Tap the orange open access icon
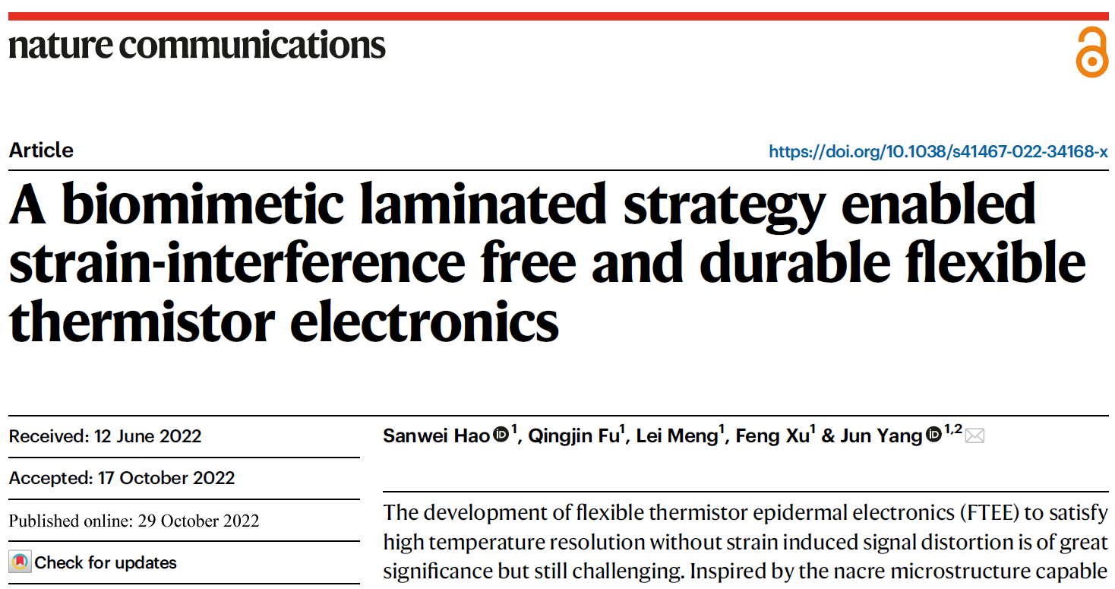point(1091,52)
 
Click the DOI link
point(938,151)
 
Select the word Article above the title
point(41,150)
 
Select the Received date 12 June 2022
point(147,436)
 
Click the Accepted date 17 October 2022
point(166,478)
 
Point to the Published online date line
point(134,521)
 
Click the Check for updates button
point(93,562)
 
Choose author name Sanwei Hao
point(436,436)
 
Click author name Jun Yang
point(881,436)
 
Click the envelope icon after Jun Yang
point(974,435)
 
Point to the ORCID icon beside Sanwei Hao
point(501,435)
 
